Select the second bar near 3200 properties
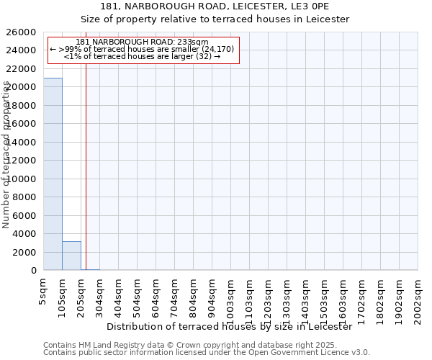click(x=71, y=256)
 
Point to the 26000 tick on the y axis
click(x=23, y=32)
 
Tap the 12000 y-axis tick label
click(x=23, y=161)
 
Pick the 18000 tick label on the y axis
click(x=23, y=106)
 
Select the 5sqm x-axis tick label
click(x=43, y=289)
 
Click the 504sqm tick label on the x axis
click(x=137, y=294)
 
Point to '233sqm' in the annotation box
click(x=193, y=42)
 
